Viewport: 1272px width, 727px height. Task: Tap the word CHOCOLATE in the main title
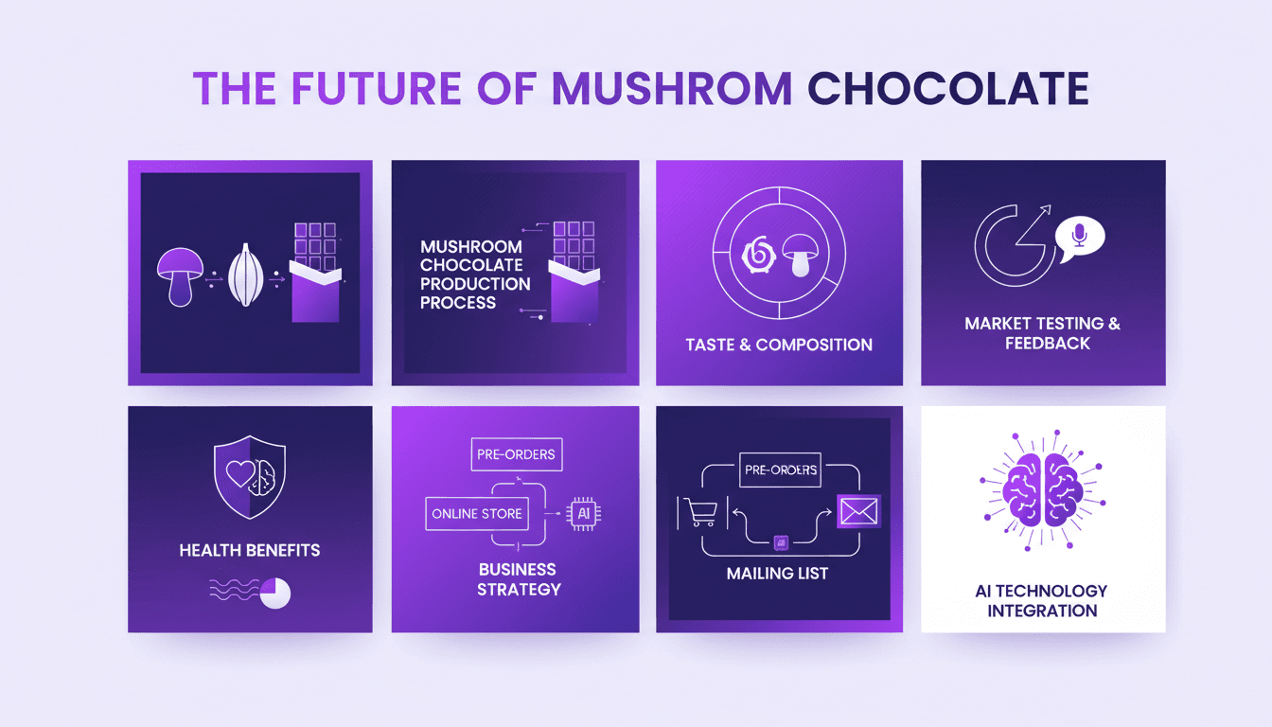click(947, 87)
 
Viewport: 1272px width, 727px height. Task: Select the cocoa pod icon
click(245, 275)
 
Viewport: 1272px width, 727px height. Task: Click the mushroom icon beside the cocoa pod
click(180, 275)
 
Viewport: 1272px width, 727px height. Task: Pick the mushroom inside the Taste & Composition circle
click(800, 255)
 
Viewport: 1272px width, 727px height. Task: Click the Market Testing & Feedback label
click(1042, 333)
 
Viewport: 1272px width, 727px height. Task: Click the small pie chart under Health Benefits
click(274, 593)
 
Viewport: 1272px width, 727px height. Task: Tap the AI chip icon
click(583, 513)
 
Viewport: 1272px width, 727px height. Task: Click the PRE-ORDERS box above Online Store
click(516, 454)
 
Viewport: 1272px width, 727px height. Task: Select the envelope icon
click(858, 512)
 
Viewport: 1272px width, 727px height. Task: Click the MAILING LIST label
click(777, 573)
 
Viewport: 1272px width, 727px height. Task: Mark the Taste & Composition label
click(779, 345)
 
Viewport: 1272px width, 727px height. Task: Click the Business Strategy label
click(518, 579)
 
